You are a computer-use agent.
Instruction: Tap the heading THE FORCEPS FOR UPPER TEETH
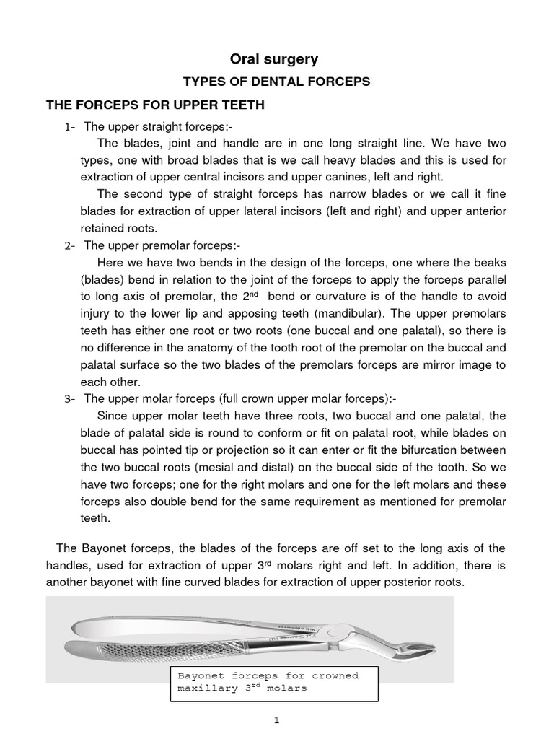(x=156, y=105)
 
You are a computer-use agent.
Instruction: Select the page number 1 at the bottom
(x=278, y=722)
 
